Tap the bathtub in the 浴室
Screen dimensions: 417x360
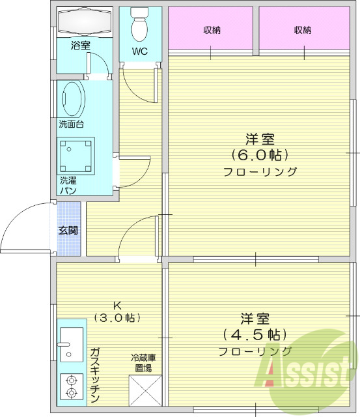85,23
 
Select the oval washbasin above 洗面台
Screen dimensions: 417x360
72,99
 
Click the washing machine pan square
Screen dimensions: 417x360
77,155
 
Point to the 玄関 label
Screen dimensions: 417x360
68,230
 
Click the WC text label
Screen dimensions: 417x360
140,51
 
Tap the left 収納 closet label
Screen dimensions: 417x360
210,30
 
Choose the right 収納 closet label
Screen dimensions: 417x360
302,30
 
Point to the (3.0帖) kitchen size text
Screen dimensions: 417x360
118,318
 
